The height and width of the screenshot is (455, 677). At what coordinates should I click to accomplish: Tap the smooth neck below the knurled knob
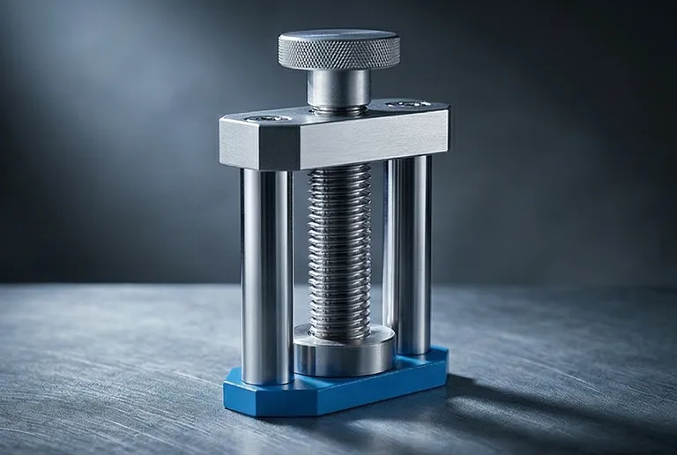pyautogui.click(x=338, y=88)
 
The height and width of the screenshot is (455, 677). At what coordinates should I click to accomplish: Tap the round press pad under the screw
pyautogui.click(x=344, y=353)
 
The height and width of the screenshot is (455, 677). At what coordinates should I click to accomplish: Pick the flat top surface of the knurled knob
pyautogui.click(x=338, y=40)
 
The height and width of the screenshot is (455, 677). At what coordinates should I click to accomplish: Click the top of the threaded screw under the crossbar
pyautogui.click(x=339, y=172)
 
